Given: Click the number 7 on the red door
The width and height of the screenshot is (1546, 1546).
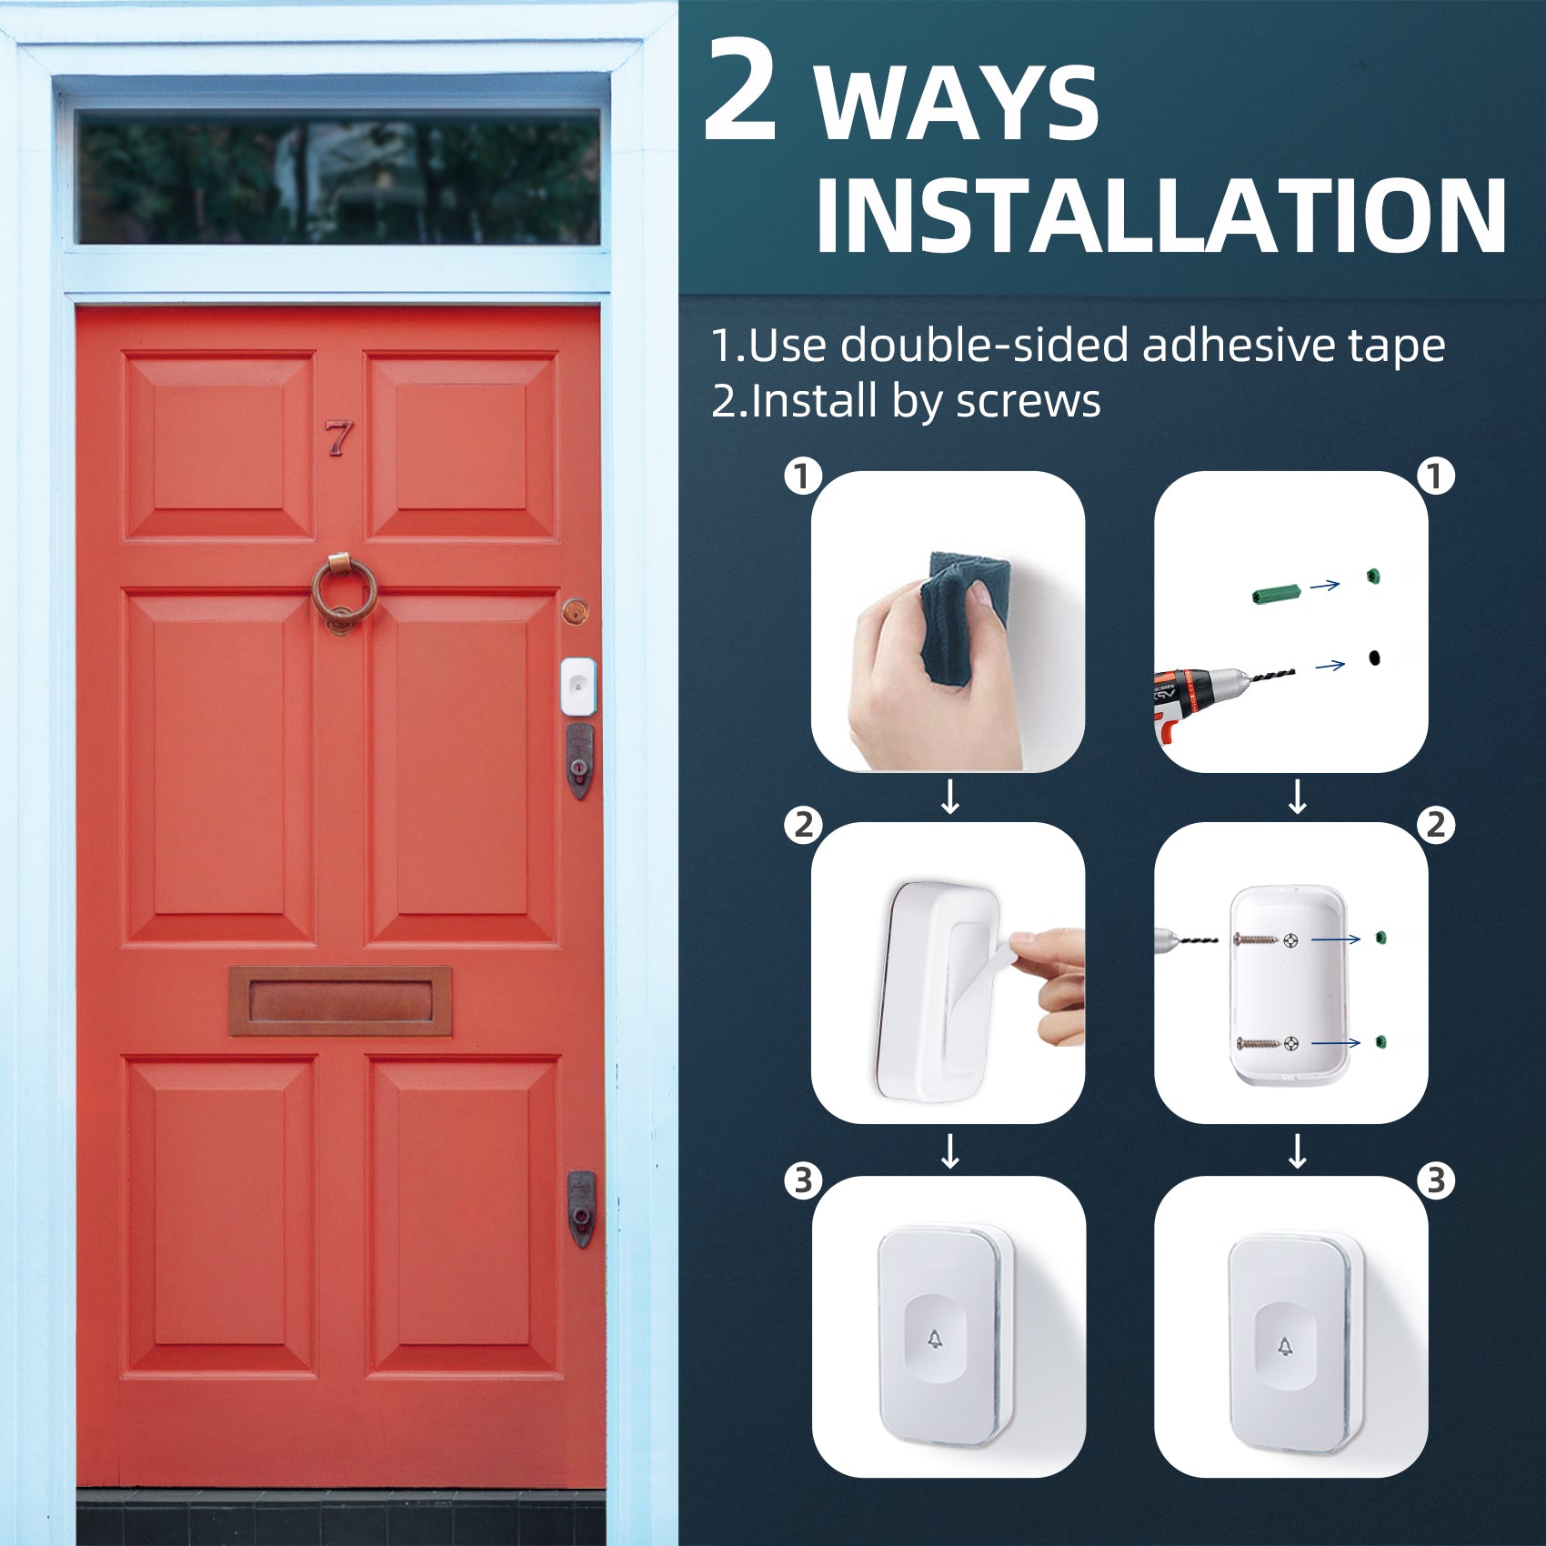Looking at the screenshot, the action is coord(339,437).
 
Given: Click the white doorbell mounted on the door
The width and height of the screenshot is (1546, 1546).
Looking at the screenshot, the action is coord(577,686).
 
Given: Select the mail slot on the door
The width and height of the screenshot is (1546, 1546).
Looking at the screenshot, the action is coord(340,1000).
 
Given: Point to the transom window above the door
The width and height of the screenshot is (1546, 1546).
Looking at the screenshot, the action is coord(337,177).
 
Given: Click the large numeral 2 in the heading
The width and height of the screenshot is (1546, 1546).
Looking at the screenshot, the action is coord(740,91).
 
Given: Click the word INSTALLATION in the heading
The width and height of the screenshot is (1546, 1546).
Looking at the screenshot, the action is coord(1160,216).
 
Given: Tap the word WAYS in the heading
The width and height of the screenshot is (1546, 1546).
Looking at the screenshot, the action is coord(958,104).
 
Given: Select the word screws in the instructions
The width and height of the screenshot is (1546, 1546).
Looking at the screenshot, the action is coord(1028,402).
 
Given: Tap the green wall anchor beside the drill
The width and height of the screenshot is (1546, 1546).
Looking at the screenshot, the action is coord(1277,594).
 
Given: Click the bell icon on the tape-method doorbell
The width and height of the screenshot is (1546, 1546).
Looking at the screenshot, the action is coord(935,1339).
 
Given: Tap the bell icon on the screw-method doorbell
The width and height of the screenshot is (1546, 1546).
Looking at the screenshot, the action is coord(1285,1347).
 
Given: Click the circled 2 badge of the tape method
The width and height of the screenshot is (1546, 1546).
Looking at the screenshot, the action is coord(803,826).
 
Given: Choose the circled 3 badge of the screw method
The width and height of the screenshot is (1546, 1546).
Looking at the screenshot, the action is coord(1436,1180).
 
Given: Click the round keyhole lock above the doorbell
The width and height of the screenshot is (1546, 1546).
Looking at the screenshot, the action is coord(575,611).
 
